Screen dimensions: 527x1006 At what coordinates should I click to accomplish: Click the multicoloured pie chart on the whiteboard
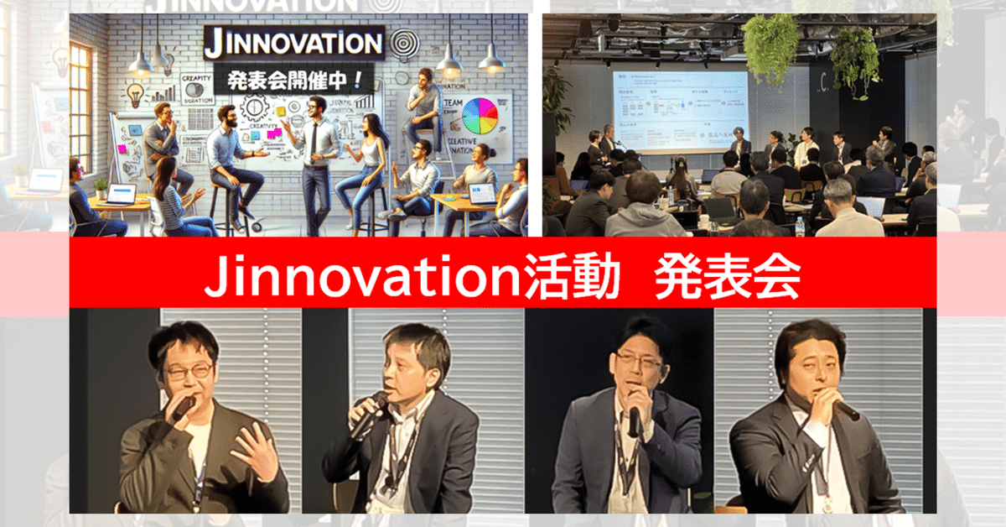point(480,116)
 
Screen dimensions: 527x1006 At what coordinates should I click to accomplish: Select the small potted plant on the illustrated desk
point(101,189)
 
